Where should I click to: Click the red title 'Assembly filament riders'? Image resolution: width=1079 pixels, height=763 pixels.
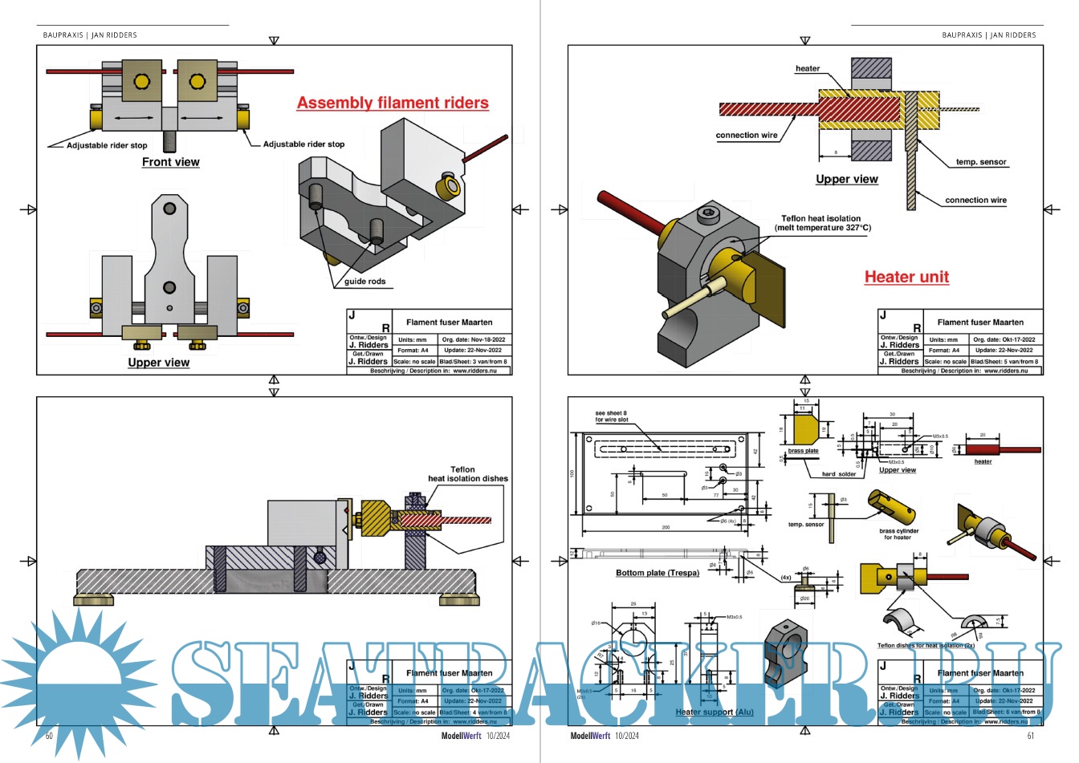[393, 103]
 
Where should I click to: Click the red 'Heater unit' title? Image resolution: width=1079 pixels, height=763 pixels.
[906, 277]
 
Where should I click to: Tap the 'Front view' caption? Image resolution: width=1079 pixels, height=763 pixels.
[170, 162]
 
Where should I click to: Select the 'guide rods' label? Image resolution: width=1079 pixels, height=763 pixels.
[365, 282]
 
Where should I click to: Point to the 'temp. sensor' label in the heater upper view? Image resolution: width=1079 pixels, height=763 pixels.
[980, 162]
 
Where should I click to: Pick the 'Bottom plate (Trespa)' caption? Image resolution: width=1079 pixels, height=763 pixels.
[658, 573]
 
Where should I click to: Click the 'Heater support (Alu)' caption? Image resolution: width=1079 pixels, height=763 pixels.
[715, 712]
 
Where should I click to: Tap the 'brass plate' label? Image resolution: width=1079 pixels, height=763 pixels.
[803, 452]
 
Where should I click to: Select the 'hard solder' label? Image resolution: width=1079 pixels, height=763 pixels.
[839, 474]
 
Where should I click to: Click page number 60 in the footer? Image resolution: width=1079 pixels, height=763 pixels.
[49, 736]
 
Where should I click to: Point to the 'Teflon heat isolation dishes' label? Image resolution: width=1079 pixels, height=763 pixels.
[467, 474]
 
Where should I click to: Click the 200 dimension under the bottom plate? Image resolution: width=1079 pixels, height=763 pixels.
[665, 527]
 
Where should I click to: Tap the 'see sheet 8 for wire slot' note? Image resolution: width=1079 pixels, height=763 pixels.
[611, 416]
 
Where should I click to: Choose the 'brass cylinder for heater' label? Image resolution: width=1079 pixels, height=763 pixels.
[898, 534]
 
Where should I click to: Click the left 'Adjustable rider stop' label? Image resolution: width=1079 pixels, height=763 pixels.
[107, 145]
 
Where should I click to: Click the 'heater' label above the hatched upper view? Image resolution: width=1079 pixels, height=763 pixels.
[807, 68]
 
